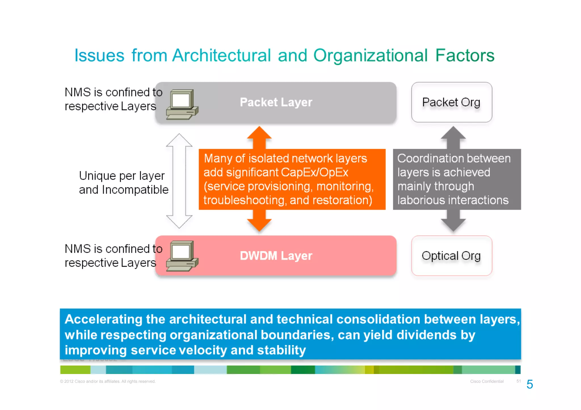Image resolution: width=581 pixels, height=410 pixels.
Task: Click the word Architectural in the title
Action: [221, 55]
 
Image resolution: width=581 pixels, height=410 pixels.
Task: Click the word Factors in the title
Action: [465, 55]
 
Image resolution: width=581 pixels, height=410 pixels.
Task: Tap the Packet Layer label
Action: [276, 102]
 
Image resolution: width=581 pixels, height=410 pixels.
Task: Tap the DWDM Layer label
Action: [276, 256]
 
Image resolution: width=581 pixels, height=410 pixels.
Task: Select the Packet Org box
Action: [451, 102]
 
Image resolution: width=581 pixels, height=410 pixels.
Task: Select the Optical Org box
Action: [451, 256]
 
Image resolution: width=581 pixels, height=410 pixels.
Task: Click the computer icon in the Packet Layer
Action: [182, 105]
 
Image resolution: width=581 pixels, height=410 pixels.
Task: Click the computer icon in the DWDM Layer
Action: [182, 256]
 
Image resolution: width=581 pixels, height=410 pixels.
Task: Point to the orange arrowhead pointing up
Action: [259, 134]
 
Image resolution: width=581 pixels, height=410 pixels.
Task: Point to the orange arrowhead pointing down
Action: [259, 224]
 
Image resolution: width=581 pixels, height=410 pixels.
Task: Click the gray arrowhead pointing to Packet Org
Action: [453, 134]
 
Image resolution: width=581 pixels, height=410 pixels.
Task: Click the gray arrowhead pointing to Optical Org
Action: [453, 224]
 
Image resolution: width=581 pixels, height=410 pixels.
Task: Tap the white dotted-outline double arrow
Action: [179, 181]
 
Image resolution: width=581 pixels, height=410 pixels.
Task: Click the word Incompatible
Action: [135, 190]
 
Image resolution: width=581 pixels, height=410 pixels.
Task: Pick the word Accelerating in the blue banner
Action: [104, 319]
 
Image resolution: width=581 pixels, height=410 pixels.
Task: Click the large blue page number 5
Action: [529, 384]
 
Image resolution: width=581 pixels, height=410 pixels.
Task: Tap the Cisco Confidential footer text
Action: [487, 381]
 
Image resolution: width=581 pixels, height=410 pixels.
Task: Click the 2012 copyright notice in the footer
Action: [108, 381]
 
